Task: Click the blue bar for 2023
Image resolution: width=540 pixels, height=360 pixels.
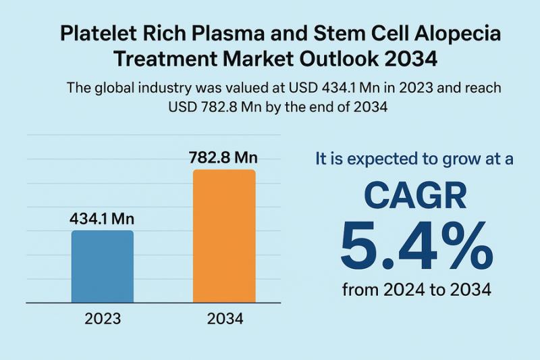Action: (102, 266)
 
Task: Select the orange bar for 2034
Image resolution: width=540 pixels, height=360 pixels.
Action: (224, 236)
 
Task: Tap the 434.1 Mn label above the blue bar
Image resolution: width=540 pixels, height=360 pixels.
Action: (103, 219)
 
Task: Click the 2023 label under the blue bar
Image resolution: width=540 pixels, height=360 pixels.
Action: (103, 318)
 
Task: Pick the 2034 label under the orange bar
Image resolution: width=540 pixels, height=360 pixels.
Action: (225, 318)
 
